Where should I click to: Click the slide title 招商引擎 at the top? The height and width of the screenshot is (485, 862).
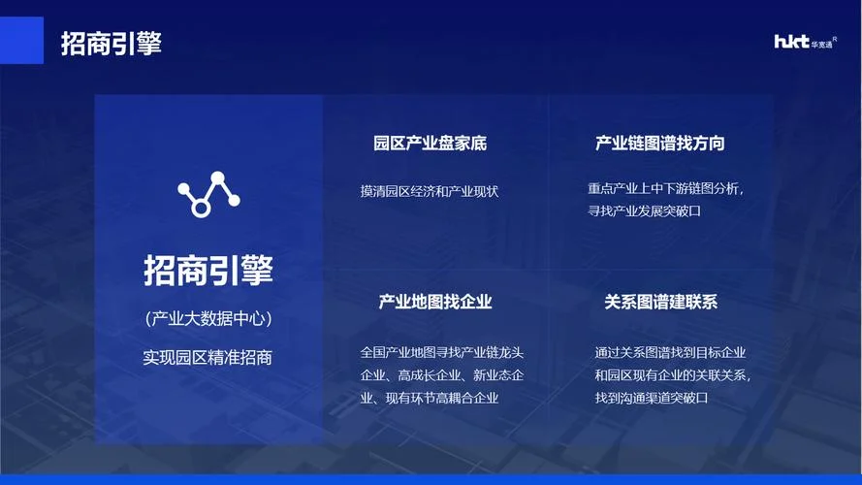tap(112, 44)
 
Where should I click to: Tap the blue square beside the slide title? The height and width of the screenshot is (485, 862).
tap(21, 40)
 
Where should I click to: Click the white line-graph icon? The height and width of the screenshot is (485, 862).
tap(208, 194)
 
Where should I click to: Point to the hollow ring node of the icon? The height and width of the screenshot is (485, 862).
tap(201, 209)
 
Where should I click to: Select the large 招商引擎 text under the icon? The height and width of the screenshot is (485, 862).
tap(208, 270)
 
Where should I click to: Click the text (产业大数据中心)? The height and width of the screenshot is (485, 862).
tap(208, 318)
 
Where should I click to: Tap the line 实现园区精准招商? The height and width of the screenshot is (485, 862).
tap(208, 358)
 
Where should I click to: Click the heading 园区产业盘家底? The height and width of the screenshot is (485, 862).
tap(430, 144)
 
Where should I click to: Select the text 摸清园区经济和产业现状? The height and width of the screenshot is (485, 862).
tap(430, 191)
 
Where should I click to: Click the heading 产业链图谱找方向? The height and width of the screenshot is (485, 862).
tap(659, 144)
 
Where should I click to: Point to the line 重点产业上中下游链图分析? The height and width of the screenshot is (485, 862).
tap(665, 188)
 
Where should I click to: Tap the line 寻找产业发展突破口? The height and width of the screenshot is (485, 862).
tap(644, 211)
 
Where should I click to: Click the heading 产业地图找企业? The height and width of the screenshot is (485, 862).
tap(434, 302)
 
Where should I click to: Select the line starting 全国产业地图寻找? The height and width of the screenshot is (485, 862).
tap(442, 352)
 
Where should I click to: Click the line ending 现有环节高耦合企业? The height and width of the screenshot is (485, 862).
tap(430, 398)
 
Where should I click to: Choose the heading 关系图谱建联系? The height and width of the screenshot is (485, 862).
tap(660, 302)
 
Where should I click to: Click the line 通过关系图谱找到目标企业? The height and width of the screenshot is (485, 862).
tap(670, 352)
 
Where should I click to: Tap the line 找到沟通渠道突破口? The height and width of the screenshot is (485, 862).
tap(652, 398)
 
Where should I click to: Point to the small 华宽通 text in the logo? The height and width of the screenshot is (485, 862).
tap(821, 45)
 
